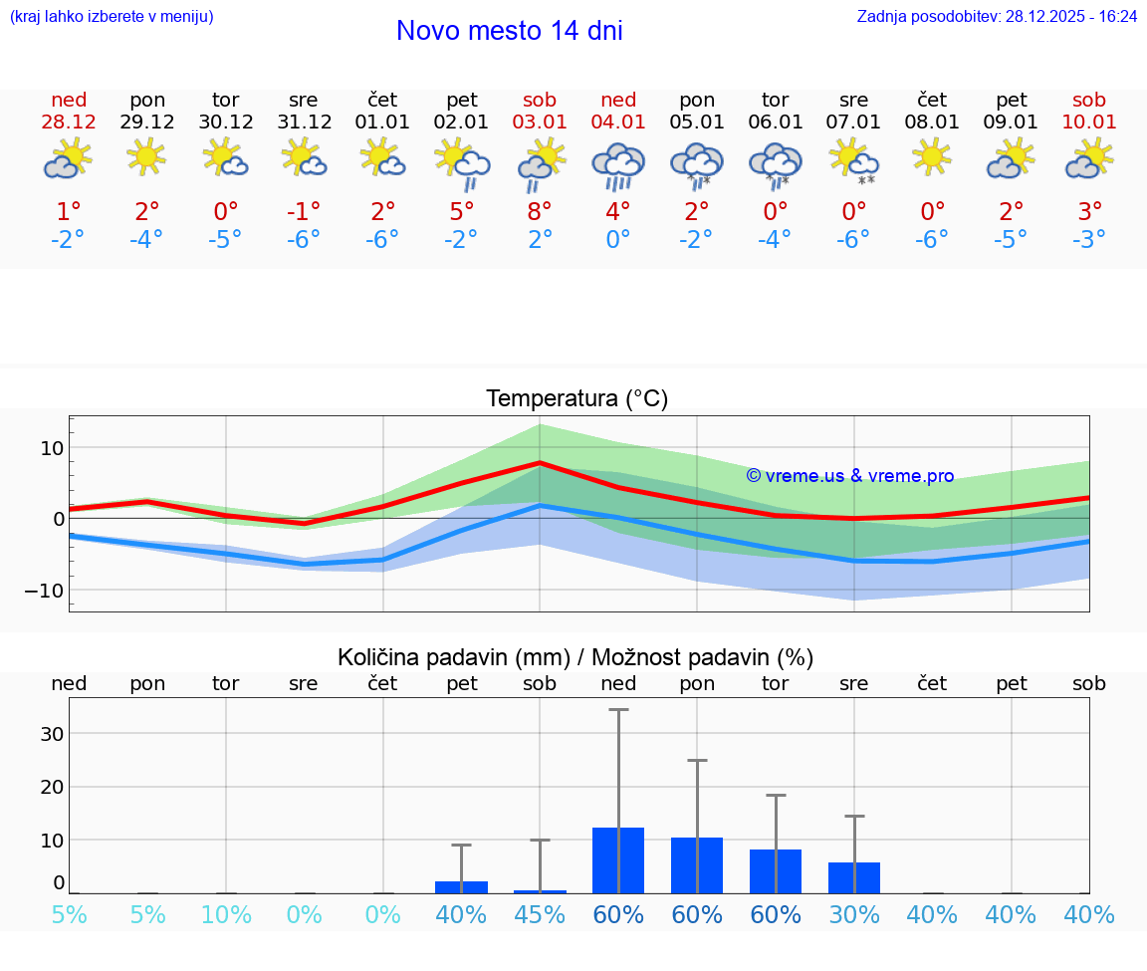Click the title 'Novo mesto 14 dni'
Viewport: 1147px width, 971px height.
[509, 31]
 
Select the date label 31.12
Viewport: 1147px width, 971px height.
[304, 121]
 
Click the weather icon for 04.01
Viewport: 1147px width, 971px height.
[618, 163]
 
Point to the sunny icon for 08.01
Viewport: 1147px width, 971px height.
[932, 156]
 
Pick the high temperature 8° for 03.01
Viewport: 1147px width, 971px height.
[540, 211]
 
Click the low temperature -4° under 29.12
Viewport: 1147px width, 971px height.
[146, 239]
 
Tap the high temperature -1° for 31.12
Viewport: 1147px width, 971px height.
[304, 211]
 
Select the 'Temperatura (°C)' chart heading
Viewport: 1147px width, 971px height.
[576, 398]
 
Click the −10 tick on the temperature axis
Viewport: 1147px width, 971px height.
[44, 590]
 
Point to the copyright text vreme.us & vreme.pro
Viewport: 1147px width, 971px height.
[849, 476]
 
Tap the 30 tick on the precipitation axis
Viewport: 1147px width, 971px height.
[52, 734]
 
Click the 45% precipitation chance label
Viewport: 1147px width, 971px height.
[540, 914]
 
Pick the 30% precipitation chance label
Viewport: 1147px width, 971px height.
[854, 914]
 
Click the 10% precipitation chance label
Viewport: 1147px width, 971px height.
[226, 914]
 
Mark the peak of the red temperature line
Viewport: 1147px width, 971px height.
[540, 462]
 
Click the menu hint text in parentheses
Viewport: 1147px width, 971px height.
[112, 16]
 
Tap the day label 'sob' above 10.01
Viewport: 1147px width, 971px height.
[1089, 100]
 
